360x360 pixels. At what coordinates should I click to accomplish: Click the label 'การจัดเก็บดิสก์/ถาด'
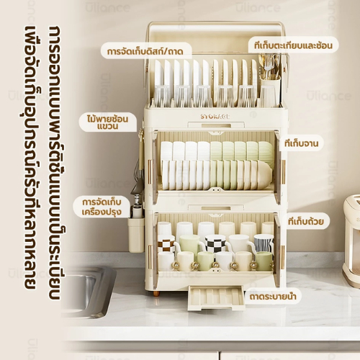[x=145, y=51]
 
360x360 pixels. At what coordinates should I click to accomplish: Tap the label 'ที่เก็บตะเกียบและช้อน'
[x=293, y=45]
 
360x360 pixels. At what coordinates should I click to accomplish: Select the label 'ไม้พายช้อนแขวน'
[x=107, y=122]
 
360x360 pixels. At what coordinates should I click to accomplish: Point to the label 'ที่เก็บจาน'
[x=302, y=143]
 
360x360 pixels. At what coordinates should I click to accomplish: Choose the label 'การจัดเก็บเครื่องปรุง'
[x=102, y=207]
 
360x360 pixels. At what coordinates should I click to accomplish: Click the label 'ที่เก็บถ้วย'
[x=306, y=221]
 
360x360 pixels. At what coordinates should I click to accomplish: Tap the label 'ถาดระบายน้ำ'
[x=273, y=297]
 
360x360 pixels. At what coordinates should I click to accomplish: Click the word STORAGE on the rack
[x=215, y=117]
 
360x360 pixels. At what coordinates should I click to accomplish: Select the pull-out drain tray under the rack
[x=217, y=297]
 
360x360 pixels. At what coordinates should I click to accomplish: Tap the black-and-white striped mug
[x=264, y=243]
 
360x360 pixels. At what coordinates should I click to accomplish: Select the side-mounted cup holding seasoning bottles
[x=136, y=235]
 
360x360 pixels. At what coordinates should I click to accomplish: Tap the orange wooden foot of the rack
[x=156, y=293]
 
